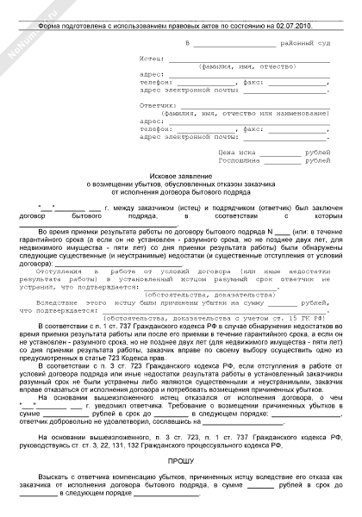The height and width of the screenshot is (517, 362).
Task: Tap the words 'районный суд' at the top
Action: (x=279, y=40)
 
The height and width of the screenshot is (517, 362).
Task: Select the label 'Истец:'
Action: (x=153, y=58)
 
